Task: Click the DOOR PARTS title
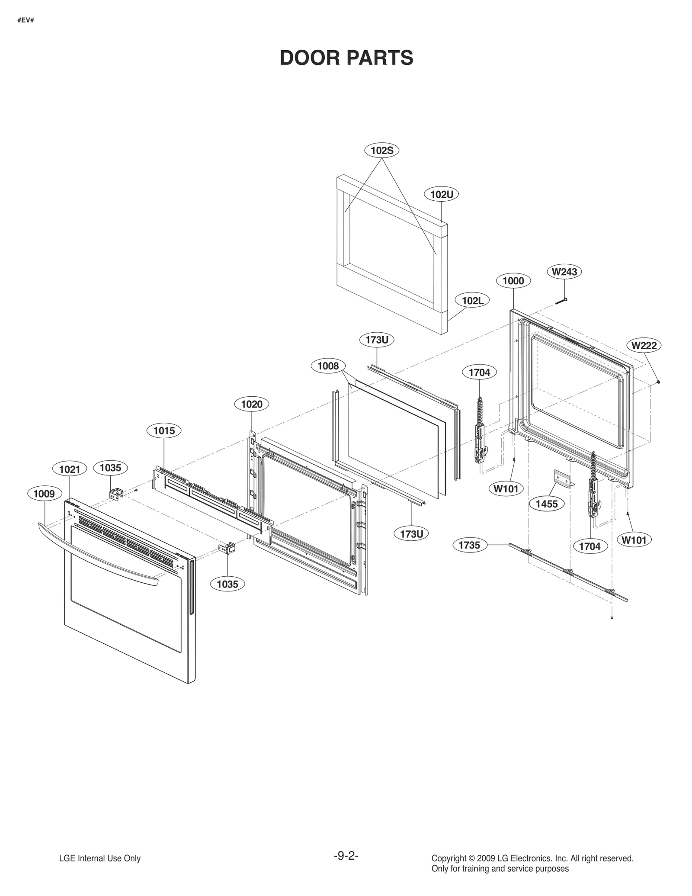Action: (346, 58)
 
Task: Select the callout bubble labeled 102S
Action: (382, 150)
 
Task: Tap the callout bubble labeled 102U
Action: (442, 194)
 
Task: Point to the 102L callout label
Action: (472, 300)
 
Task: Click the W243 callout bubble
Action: (564, 272)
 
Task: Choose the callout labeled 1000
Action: (513, 281)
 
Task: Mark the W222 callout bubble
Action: (644, 345)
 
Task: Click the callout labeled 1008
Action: (328, 366)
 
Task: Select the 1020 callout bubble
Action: (252, 404)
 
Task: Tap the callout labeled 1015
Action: (164, 430)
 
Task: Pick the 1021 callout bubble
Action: (70, 469)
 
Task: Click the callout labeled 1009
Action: (44, 494)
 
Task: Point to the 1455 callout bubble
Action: (547, 504)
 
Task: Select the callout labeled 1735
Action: (469, 545)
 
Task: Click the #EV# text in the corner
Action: (26, 20)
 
